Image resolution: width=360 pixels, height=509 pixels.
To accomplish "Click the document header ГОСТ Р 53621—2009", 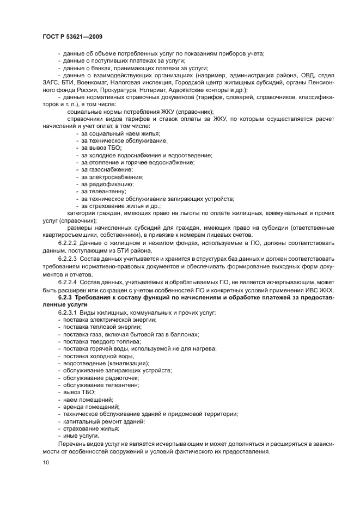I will coord(72,36).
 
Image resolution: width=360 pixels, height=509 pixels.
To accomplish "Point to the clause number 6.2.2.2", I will coord(68,242).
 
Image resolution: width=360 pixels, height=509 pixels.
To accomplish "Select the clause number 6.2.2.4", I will coord(68,283).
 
